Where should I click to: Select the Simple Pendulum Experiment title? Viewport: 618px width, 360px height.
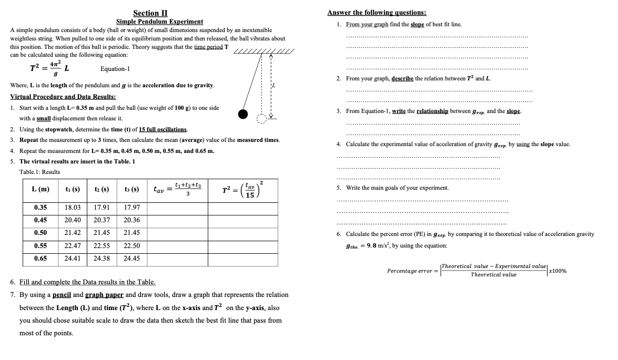pyautogui.click(x=159, y=22)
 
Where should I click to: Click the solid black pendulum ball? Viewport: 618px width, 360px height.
pyautogui.click(x=242, y=114)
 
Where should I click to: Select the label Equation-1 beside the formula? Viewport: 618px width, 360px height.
pyautogui.click(x=115, y=69)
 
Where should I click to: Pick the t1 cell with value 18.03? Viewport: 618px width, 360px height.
pyautogui.click(x=72, y=208)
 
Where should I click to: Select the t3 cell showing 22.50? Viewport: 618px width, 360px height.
pyautogui.click(x=131, y=246)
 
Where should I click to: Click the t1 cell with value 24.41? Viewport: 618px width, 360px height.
pyautogui.click(x=72, y=259)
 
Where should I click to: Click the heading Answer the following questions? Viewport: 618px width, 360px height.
pyautogui.click(x=376, y=13)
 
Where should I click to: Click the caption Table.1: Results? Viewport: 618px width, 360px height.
pyautogui.click(x=39, y=172)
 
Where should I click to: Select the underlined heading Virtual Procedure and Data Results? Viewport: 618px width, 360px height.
pyautogui.click(x=63, y=97)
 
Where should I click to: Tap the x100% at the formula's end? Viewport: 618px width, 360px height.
pyautogui.click(x=557, y=271)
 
